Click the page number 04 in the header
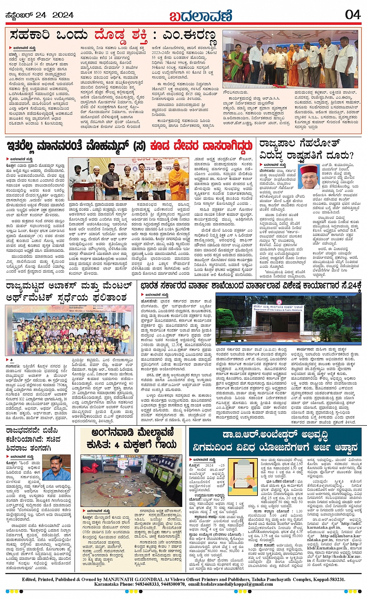pos(353,15)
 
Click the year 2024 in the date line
pos(63,15)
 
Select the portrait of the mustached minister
pos(56,468)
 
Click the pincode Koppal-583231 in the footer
pos(328,579)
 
